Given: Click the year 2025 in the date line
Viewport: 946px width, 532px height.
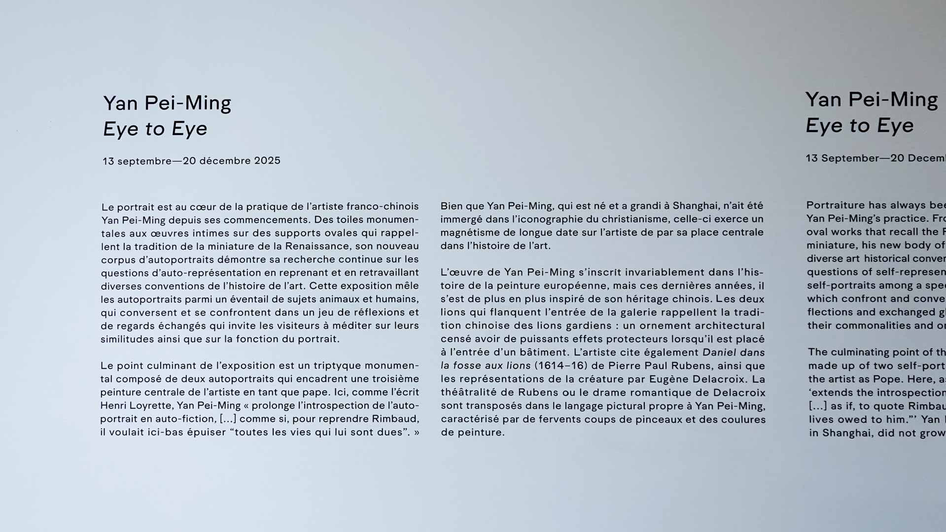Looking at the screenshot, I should click(267, 161).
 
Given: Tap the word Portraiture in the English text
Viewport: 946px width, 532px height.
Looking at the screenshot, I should click(835, 205).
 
